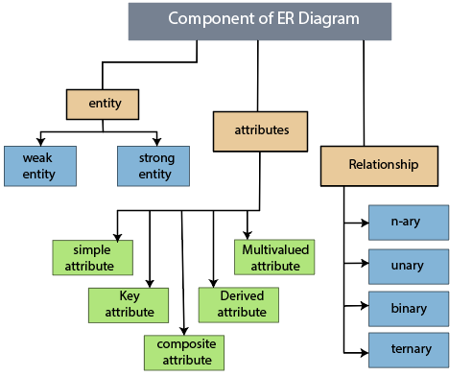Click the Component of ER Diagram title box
coord(259,20)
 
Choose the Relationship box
coord(382,165)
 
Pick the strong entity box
coord(153,165)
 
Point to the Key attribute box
coord(129,304)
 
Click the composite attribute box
coord(184,351)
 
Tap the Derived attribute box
coord(238,304)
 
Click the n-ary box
coord(410,223)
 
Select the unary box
coord(410,264)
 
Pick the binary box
coord(410,307)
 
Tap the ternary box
coord(410,348)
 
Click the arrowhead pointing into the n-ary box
coord(366,223)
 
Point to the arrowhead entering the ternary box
coord(366,348)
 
